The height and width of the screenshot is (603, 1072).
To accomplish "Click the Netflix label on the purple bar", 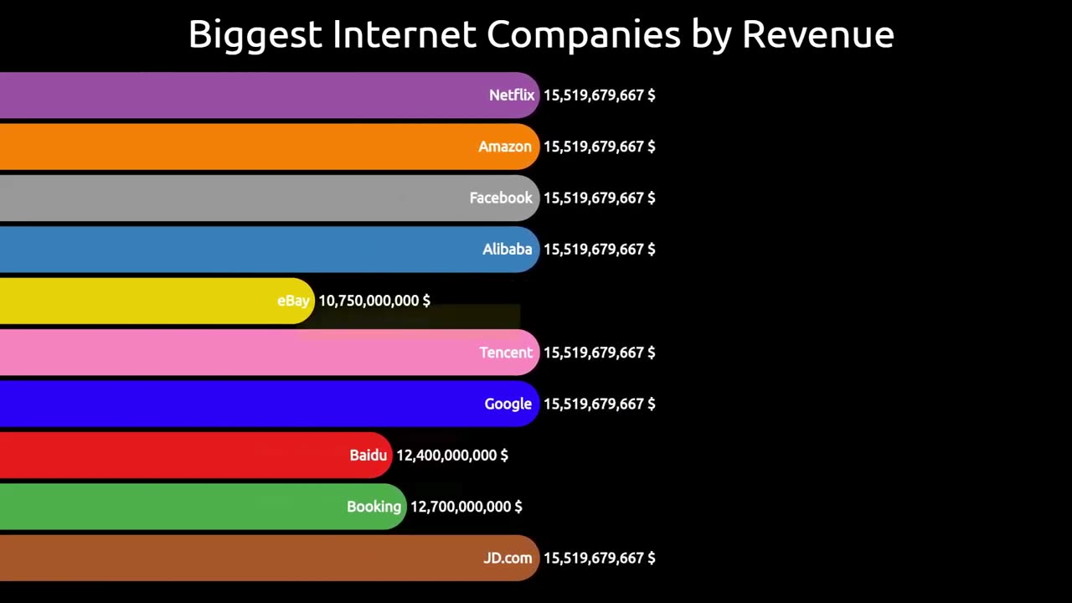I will (x=511, y=95).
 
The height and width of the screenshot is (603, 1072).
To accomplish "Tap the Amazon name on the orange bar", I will (x=504, y=147).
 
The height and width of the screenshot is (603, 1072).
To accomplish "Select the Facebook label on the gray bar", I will (x=500, y=198).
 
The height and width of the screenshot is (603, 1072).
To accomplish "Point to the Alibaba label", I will (x=507, y=250).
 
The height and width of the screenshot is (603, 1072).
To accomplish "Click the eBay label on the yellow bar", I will (x=293, y=301).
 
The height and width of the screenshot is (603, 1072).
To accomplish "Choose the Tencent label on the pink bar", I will (x=505, y=353).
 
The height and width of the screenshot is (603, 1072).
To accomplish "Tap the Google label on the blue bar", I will (x=508, y=404).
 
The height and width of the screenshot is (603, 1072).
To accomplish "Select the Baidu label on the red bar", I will (x=368, y=456).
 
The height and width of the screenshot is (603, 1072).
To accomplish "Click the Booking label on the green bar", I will (x=374, y=507).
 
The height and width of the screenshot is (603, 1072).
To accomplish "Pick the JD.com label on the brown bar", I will (x=507, y=558).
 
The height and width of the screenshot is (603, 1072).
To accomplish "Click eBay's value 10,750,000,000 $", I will (x=374, y=301).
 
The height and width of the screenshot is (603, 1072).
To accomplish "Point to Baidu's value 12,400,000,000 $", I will (x=452, y=456).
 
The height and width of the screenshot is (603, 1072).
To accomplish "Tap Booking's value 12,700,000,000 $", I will (x=466, y=507).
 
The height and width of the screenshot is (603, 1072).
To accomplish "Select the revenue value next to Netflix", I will (x=600, y=95).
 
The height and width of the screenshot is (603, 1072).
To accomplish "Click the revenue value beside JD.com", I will (x=600, y=558).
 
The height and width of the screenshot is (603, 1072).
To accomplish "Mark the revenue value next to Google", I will (x=600, y=404).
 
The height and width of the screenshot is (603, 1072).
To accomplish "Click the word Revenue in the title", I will (x=817, y=34).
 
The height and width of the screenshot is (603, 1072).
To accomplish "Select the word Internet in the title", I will (x=404, y=34).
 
